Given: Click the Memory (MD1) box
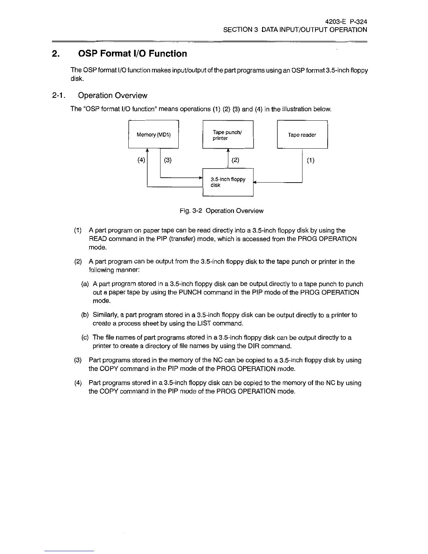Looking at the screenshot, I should (154, 134).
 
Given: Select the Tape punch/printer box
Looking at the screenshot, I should (228, 135).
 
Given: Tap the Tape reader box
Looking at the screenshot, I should (302, 135).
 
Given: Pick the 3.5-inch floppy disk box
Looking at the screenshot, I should (228, 182).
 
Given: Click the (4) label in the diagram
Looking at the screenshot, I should (141, 160).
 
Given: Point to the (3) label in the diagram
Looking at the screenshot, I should (168, 160).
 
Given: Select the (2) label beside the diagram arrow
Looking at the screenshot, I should (235, 160).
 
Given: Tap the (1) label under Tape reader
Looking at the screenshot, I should (311, 160).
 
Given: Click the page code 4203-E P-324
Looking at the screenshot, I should (346, 21).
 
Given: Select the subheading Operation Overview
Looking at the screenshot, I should (113, 95).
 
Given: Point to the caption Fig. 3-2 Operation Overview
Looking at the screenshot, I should (221, 211).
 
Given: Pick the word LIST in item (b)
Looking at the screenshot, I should (204, 324).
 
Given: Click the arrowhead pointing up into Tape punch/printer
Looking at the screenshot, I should (228, 151).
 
